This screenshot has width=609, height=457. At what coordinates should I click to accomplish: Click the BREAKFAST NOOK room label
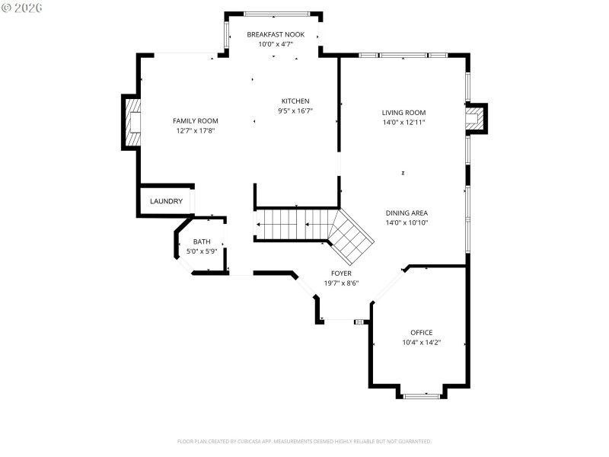coord(276,34)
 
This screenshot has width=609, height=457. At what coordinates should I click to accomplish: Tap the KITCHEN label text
coord(295,101)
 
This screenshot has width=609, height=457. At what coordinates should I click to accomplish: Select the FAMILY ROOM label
coord(196,120)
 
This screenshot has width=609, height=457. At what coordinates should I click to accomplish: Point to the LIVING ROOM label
coord(403,113)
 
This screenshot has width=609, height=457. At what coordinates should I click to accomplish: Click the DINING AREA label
coord(407,213)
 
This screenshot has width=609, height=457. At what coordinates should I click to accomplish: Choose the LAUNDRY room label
coord(166,202)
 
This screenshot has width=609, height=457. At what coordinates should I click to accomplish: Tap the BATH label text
coord(202,241)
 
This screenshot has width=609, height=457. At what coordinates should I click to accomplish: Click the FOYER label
coord(340,273)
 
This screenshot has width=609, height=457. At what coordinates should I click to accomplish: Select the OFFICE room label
coord(421,332)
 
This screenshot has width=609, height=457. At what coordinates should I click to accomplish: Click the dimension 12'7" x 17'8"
coord(196,130)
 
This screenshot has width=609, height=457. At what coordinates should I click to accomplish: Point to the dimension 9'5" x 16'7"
coord(295,111)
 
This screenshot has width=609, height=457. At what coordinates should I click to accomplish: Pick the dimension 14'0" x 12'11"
coord(403,122)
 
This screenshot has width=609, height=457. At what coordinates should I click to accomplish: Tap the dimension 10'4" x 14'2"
coord(421,342)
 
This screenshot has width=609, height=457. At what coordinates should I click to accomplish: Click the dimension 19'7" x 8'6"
coord(340,283)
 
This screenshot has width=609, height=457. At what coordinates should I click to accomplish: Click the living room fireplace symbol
coord(475,119)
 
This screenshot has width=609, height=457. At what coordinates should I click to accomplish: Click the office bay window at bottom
coord(421,395)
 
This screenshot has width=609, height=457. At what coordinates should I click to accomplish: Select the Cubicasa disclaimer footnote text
coord(304,441)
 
